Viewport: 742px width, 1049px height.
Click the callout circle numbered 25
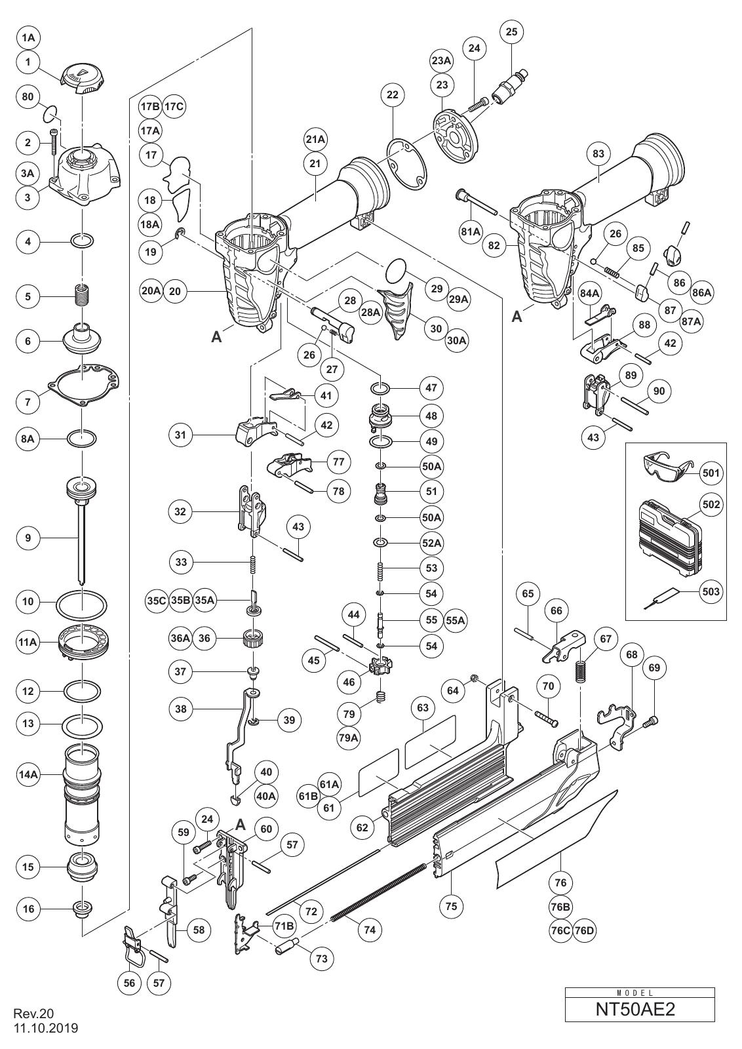(x=512, y=32)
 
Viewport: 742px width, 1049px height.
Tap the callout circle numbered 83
(x=598, y=153)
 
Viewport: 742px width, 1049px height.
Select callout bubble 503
(x=710, y=591)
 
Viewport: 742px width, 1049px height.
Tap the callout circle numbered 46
(x=349, y=682)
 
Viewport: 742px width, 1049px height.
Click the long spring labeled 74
(x=378, y=883)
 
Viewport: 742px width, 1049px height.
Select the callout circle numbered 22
(x=392, y=94)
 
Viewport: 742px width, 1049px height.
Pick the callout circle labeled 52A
(x=431, y=543)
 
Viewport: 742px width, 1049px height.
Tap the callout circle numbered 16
(x=28, y=909)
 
